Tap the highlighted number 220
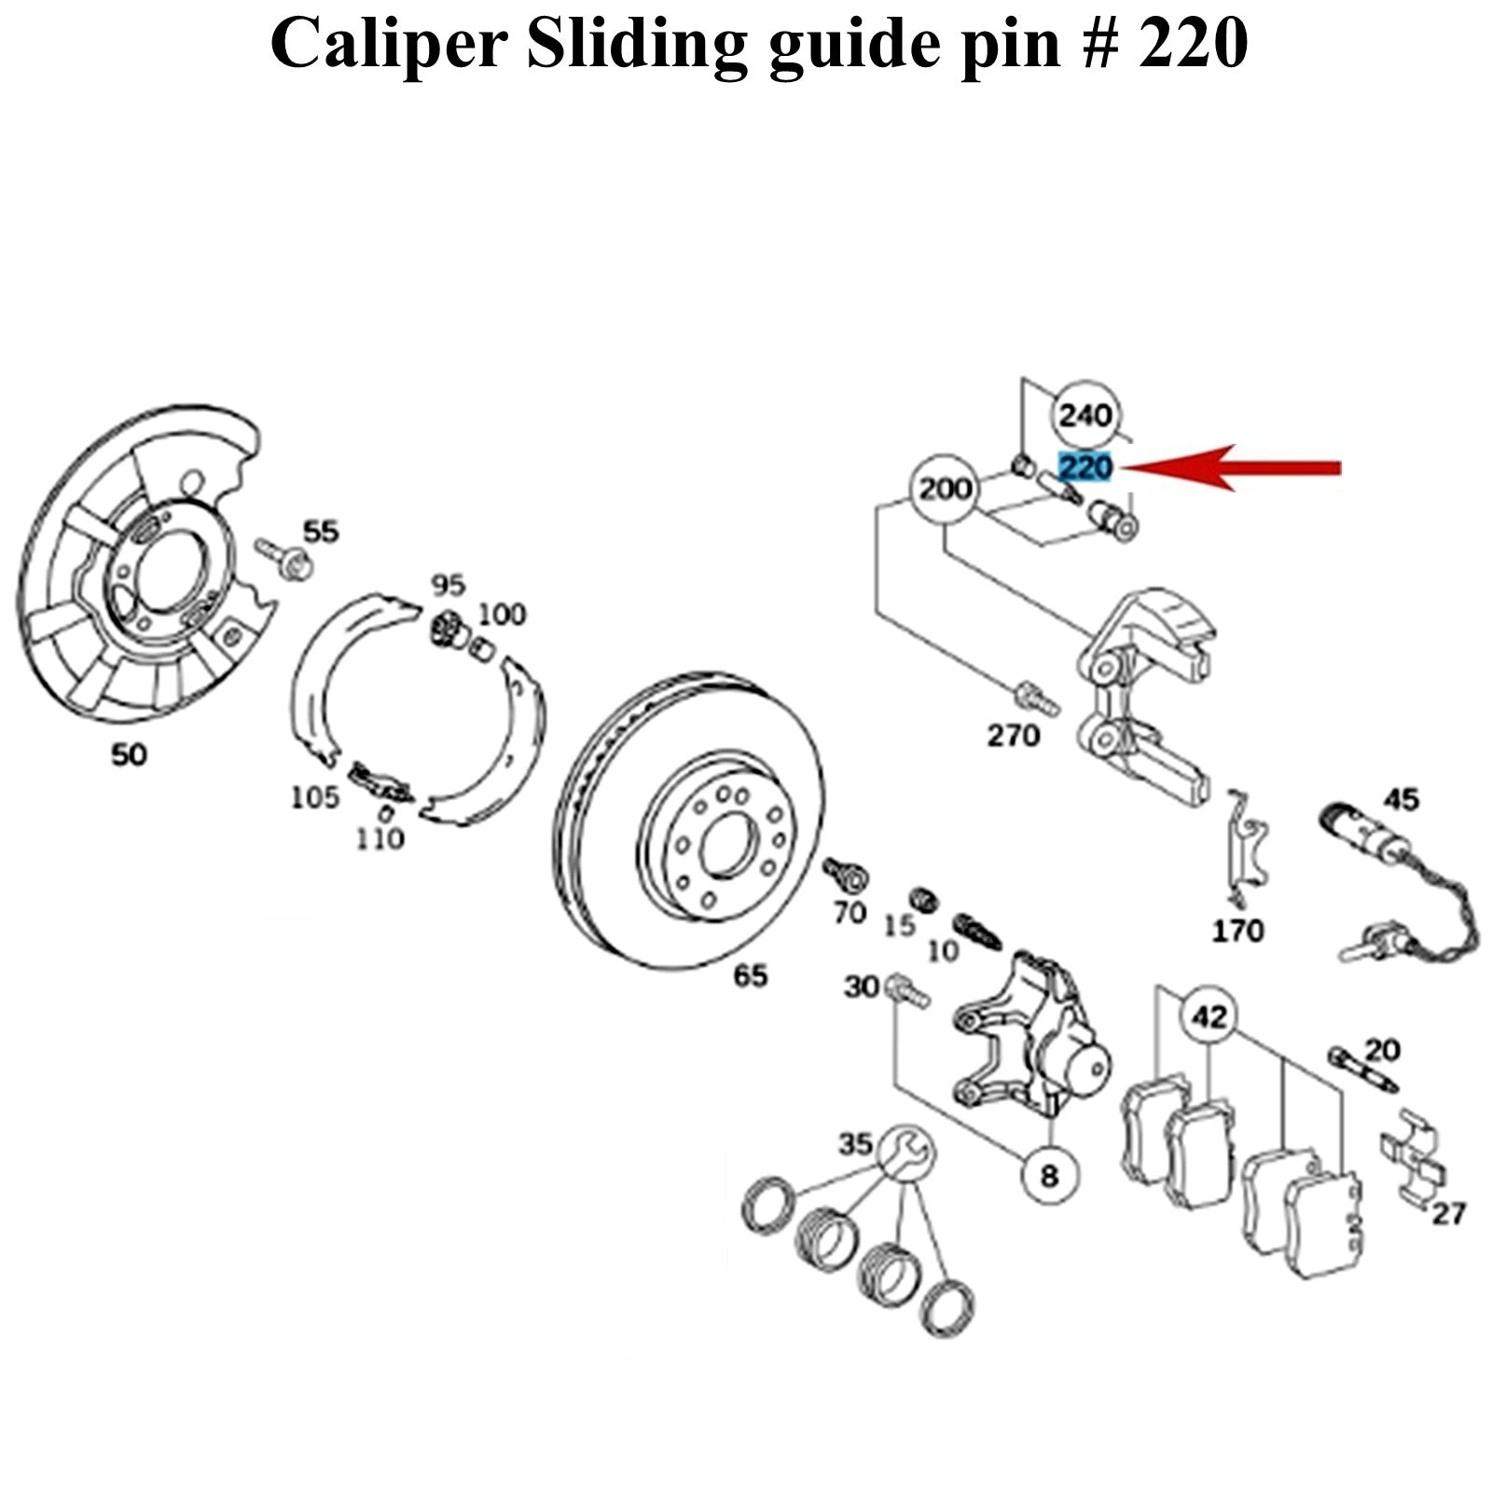pos(1085,466)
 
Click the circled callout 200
pos(944,490)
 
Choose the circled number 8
pos(1050,1176)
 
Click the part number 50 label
pos(129,754)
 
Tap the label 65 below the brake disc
pos(750,976)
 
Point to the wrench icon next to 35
pos(905,1154)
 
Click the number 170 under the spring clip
pos(1236,930)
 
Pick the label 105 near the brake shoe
pos(314,797)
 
